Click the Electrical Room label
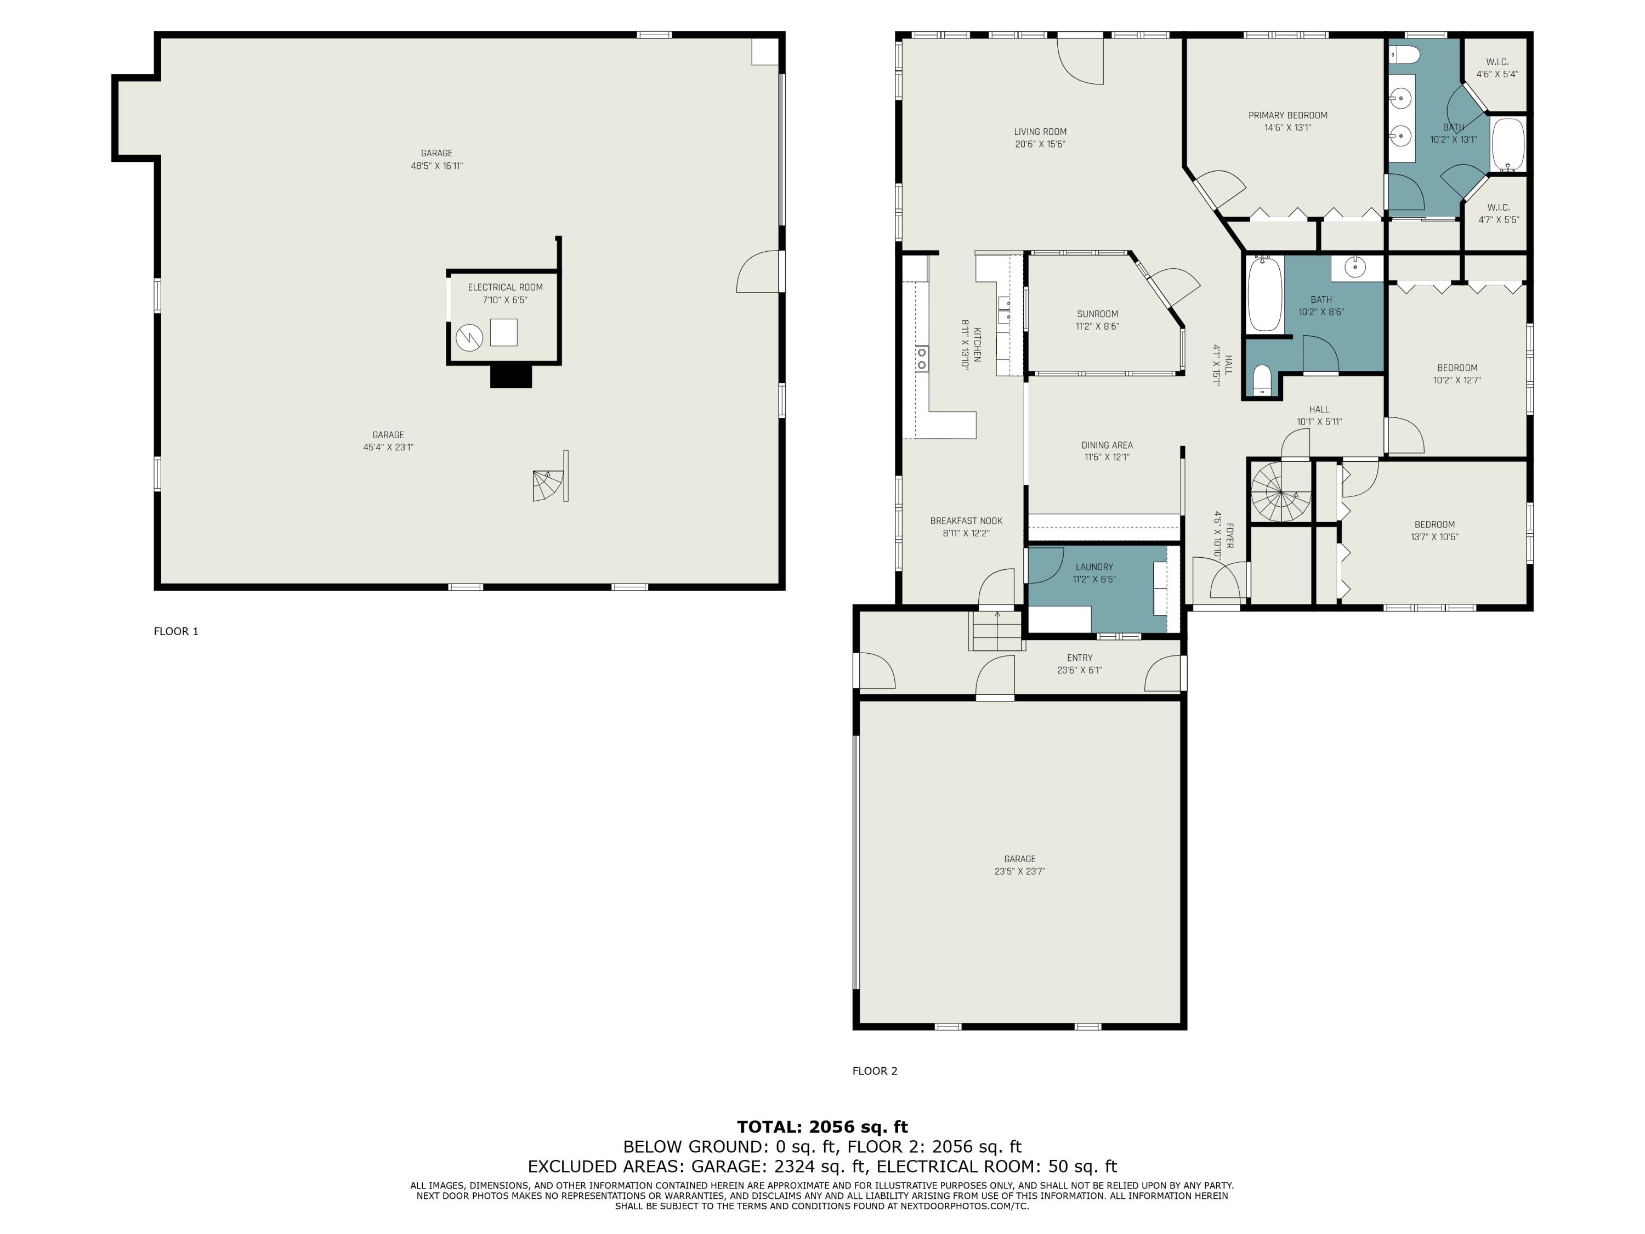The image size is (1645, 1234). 505,287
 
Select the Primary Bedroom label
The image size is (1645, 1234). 1287,115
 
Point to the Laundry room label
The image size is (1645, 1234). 1094,567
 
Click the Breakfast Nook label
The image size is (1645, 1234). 966,520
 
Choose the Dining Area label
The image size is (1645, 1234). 1107,445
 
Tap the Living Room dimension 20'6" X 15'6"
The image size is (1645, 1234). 1040,144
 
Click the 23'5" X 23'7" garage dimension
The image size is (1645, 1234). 1019,871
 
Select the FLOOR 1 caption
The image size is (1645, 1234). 176,631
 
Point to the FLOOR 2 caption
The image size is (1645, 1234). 875,1071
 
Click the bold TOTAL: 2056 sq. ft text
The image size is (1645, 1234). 822,1127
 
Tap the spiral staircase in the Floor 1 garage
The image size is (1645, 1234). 548,486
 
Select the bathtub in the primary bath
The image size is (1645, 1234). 1508,144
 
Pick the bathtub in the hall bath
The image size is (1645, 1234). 1264,294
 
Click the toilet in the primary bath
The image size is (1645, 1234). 1405,54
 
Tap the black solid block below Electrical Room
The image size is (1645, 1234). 511,376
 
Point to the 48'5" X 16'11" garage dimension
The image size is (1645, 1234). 436,166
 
